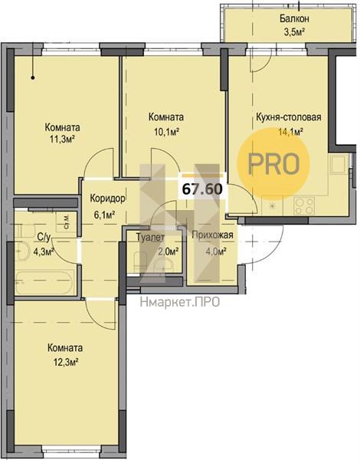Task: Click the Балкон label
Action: pyautogui.click(x=294, y=19)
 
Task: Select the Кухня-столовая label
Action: pyautogui.click(x=289, y=117)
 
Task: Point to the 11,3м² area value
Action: pyautogui.click(x=62, y=139)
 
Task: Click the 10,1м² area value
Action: pyautogui.click(x=166, y=132)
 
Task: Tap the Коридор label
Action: pyautogui.click(x=107, y=199)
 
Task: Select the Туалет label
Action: pyautogui.click(x=150, y=238)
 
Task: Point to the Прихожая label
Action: pyautogui.click(x=212, y=235)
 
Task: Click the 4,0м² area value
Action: pyautogui.click(x=215, y=251)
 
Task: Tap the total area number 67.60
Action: pyautogui.click(x=202, y=189)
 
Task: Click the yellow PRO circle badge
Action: pyautogui.click(x=273, y=164)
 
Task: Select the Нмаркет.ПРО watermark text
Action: pyautogui.click(x=180, y=302)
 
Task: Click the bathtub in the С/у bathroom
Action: pyautogui.click(x=44, y=283)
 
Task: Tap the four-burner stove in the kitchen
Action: pyautogui.click(x=304, y=205)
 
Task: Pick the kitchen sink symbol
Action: pyautogui.click(x=339, y=165)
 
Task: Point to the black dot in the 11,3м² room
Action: pyautogui.click(x=33, y=77)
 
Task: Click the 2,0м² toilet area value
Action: pyautogui.click(x=169, y=251)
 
